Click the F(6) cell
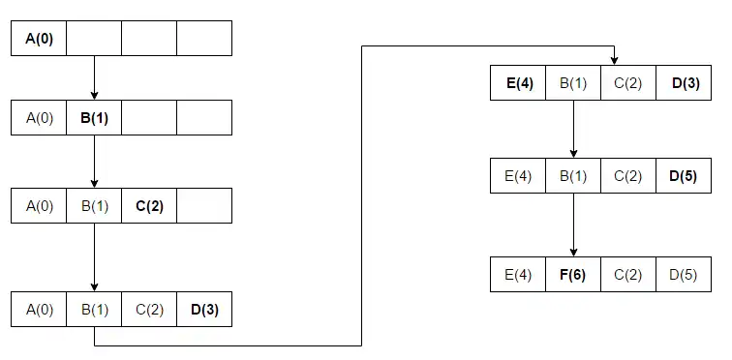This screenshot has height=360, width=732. coord(572,275)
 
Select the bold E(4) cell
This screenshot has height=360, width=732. coord(518,83)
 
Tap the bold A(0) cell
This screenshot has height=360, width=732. coord(39,38)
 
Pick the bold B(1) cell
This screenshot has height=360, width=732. coord(94,117)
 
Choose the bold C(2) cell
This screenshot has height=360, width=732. coord(149,205)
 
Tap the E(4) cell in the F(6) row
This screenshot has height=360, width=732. coord(518,275)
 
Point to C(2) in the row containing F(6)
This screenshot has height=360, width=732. coord(627,275)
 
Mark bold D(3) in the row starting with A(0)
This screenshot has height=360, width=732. coord(204,310)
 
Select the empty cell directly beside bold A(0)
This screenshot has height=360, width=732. coord(94,38)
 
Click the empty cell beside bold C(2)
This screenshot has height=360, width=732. coord(204,205)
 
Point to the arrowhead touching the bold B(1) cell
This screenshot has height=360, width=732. coord(94,95)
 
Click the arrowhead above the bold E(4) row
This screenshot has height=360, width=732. coord(614,61)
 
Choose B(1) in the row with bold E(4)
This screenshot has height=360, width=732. coord(572,83)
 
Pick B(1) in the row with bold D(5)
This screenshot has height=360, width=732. coord(572,176)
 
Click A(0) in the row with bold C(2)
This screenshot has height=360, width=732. coord(39,205)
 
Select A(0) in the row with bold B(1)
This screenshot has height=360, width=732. coord(39,117)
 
